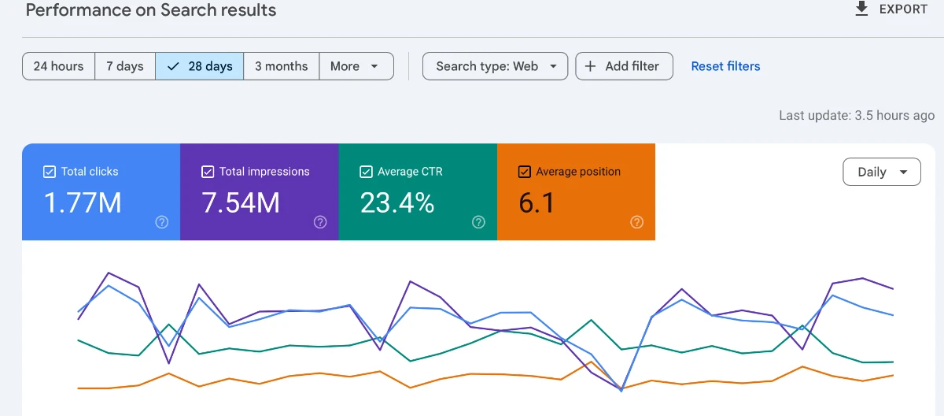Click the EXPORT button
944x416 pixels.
point(891,9)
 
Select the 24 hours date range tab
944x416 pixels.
point(59,66)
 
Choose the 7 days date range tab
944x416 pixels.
point(125,66)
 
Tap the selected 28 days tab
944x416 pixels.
point(200,66)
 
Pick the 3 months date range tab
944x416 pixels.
point(281,66)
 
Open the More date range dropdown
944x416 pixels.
point(356,66)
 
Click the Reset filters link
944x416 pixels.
point(725,66)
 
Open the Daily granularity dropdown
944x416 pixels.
point(881,172)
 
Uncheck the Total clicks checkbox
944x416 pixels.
point(50,172)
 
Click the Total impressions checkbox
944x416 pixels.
point(208,172)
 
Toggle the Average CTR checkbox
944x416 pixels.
point(366,172)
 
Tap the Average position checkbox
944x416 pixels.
point(525,172)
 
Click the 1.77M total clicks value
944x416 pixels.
point(83,203)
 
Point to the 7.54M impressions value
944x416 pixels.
point(241,203)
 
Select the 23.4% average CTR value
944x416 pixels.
point(397,203)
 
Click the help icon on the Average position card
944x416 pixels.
point(637,222)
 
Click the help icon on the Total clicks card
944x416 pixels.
point(162,222)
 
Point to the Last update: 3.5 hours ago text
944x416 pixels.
point(857,115)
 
